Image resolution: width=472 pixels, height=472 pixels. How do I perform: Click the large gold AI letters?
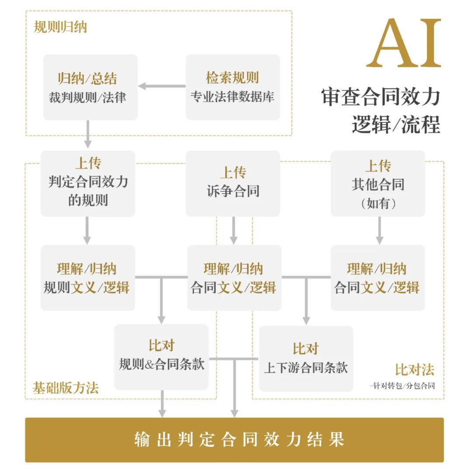click(x=403, y=44)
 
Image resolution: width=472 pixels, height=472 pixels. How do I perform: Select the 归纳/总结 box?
click(x=90, y=87)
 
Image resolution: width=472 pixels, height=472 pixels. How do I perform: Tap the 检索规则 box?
click(x=233, y=87)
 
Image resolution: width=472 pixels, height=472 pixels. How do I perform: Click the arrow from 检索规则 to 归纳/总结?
click(x=162, y=86)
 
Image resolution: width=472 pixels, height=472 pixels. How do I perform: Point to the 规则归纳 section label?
click(x=60, y=27)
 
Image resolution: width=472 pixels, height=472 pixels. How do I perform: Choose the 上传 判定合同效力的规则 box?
click(x=88, y=183)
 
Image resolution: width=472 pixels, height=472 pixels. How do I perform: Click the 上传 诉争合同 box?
click(x=233, y=183)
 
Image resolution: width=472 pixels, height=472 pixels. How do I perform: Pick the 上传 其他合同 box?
click(x=378, y=183)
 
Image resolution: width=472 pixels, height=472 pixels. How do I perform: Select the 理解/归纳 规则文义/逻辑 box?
click(x=87, y=278)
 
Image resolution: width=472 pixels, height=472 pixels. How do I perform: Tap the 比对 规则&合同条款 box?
click(x=161, y=357)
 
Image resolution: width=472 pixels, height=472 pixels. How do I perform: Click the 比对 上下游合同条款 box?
click(x=306, y=358)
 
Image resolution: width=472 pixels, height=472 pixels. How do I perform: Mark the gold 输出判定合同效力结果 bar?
click(x=234, y=440)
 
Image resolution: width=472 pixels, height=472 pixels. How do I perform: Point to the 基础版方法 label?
click(x=66, y=388)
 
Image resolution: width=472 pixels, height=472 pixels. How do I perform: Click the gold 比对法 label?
click(x=415, y=370)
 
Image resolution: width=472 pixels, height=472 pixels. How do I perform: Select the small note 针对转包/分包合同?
click(x=402, y=386)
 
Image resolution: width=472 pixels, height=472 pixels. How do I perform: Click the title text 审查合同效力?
click(x=380, y=97)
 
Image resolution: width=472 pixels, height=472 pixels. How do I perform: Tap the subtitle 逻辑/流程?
click(x=396, y=125)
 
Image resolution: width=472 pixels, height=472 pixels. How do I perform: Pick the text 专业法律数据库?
click(x=233, y=97)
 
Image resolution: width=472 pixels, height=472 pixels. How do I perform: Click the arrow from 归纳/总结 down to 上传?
click(x=88, y=134)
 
